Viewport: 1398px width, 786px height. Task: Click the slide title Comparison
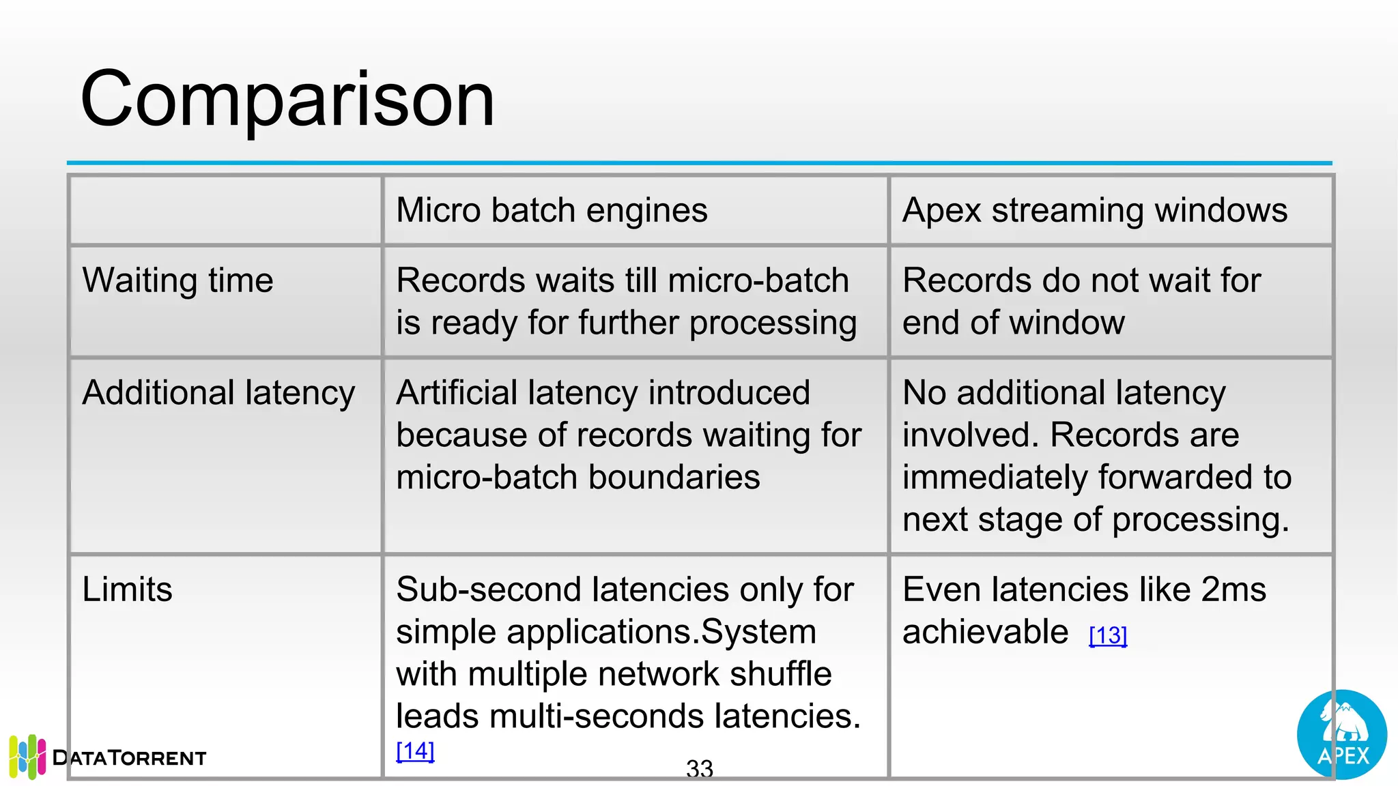pos(287,100)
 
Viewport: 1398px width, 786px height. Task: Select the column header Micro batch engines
pos(552,210)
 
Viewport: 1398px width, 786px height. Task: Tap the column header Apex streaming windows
pos(1094,210)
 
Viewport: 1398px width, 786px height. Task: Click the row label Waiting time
pos(177,280)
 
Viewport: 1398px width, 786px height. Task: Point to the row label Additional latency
pos(218,393)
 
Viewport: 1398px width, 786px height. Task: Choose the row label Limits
pos(127,589)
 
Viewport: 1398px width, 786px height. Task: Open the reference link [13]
pos(1108,636)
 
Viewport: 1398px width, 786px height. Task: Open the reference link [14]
pos(415,751)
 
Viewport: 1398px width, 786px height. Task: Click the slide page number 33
pos(700,769)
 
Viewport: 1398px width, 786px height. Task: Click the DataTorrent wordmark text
pos(129,758)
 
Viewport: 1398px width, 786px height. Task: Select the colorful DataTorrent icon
pos(28,757)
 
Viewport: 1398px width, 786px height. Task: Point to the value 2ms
pos(1233,589)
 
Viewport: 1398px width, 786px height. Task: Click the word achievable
pos(985,632)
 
